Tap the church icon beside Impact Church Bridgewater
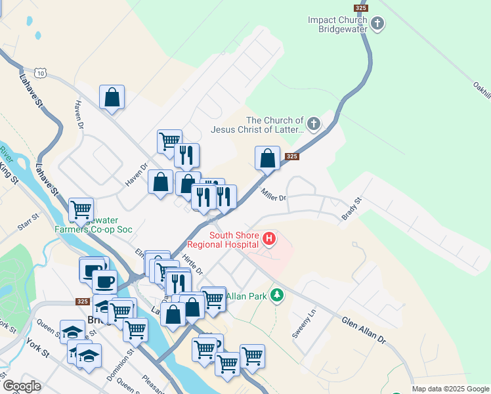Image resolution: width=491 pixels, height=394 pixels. [377, 24]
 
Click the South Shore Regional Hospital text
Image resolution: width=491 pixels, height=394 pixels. [232, 240]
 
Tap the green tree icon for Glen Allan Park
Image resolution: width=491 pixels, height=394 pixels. [277, 295]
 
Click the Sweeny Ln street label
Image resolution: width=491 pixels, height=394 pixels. [305, 324]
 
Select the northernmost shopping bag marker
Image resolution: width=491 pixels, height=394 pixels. [112, 97]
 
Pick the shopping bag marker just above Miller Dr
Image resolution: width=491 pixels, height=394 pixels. [267, 158]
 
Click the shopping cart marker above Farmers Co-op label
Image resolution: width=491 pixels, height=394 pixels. [81, 210]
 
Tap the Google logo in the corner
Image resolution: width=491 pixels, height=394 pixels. [22, 386]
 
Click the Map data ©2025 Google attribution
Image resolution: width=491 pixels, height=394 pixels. [450, 389]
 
